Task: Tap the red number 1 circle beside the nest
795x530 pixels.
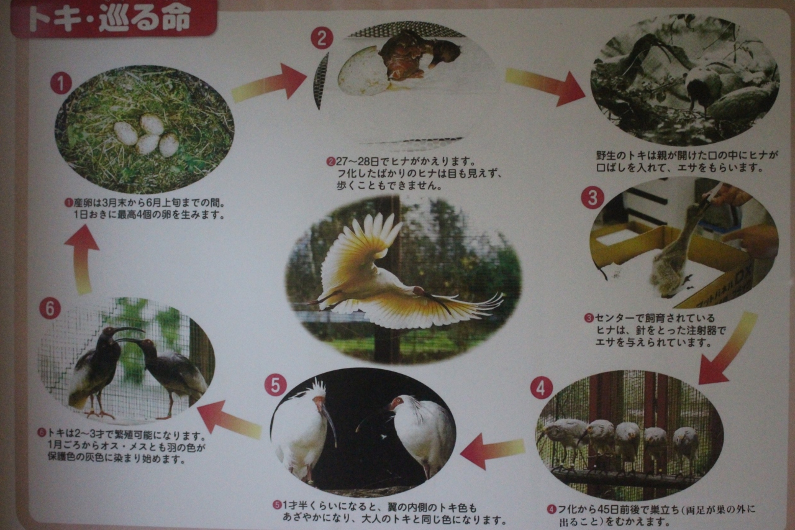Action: point(61,83)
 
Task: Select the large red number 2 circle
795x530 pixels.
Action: point(322,38)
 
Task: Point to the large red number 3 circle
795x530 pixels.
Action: point(593,198)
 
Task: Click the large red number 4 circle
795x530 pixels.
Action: point(541,388)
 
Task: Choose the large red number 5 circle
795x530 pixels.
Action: point(276,385)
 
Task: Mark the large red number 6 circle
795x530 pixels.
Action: point(50,308)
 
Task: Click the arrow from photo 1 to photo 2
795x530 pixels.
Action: point(269,83)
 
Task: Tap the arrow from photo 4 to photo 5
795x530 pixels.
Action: point(493,450)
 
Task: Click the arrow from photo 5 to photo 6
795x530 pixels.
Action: point(230,420)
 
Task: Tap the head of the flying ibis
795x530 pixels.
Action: point(419,291)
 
